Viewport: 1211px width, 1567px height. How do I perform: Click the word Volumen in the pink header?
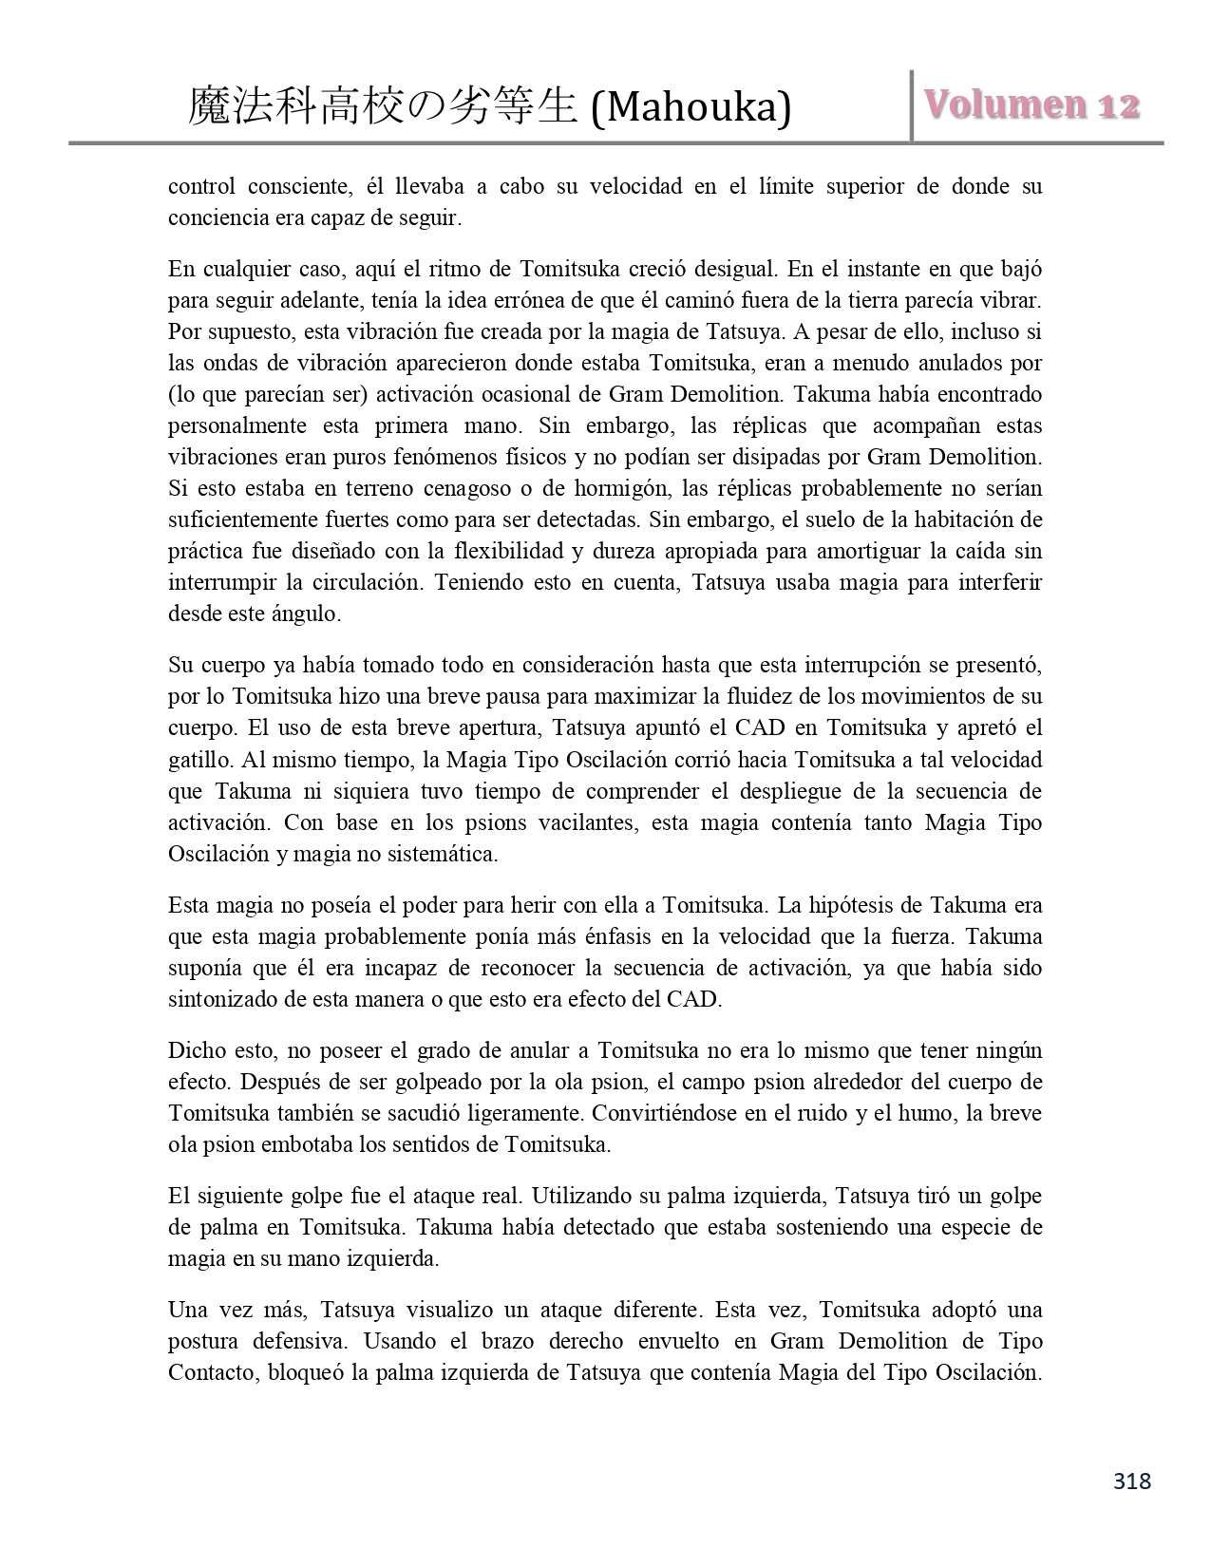coord(1001,104)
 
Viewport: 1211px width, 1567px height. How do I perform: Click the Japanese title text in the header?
coord(383,107)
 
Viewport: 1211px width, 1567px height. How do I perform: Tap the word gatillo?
coord(199,760)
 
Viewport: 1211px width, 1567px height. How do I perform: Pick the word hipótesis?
coord(861,905)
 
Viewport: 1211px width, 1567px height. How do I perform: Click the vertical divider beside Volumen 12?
coord(912,106)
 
